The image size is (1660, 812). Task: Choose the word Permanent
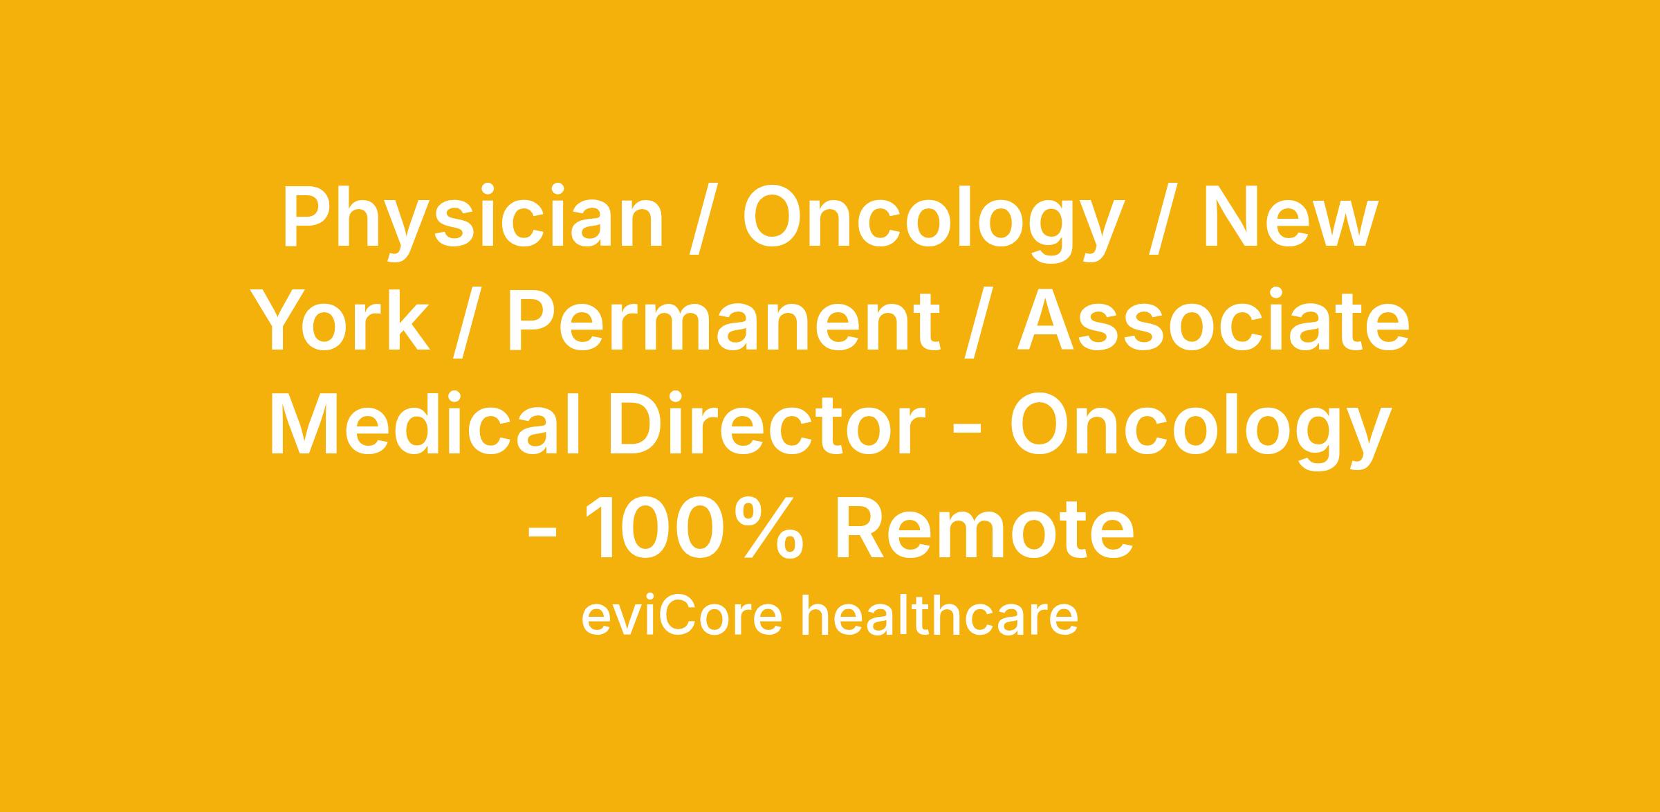[x=723, y=321]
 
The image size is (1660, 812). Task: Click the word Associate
[x=1213, y=321]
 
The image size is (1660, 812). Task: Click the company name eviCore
[x=682, y=616]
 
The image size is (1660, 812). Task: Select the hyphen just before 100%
[x=542, y=536]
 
